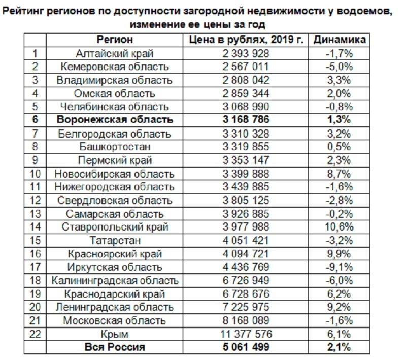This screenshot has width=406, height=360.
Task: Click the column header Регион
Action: click(x=115, y=40)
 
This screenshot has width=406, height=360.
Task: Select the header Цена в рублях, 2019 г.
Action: click(x=246, y=40)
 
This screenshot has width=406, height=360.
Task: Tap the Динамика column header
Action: click(x=340, y=40)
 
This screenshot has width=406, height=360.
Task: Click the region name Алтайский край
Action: click(x=115, y=54)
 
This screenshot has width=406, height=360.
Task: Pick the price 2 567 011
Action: click(x=246, y=67)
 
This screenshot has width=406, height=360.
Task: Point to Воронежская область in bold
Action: click(x=115, y=120)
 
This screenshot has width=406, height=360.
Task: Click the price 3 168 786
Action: click(x=246, y=120)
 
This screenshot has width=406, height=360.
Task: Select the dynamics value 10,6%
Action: click(x=339, y=227)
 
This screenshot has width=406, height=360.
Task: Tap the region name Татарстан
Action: click(x=115, y=241)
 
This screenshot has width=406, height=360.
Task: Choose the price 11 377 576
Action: click(x=246, y=334)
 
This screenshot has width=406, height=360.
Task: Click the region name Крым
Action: click(x=115, y=334)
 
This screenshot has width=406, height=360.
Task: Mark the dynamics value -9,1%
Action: click(x=339, y=267)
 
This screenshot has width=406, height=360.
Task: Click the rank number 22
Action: click(x=35, y=334)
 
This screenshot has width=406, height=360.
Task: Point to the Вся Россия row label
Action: click(x=115, y=347)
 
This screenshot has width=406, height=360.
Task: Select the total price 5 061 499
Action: click(x=246, y=347)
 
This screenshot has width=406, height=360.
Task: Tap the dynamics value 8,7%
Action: click(x=339, y=174)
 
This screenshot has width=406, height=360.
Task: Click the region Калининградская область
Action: click(x=115, y=281)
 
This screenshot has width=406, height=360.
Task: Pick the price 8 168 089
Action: click(x=246, y=320)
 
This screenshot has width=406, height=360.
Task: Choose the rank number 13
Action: click(x=35, y=214)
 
